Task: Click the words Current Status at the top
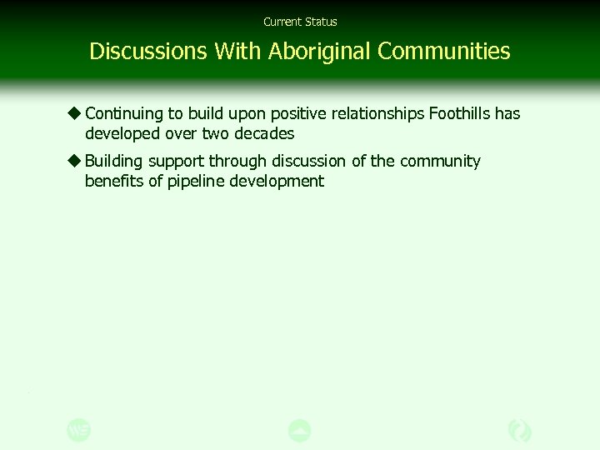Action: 300,22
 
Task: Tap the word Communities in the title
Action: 443,52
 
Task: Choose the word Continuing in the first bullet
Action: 123,113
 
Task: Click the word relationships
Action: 375,113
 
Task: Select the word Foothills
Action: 459,113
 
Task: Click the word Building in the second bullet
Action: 113,162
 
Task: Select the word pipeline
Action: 194,182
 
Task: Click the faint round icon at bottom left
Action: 79,430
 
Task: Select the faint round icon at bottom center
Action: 300,430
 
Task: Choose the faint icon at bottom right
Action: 519,430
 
